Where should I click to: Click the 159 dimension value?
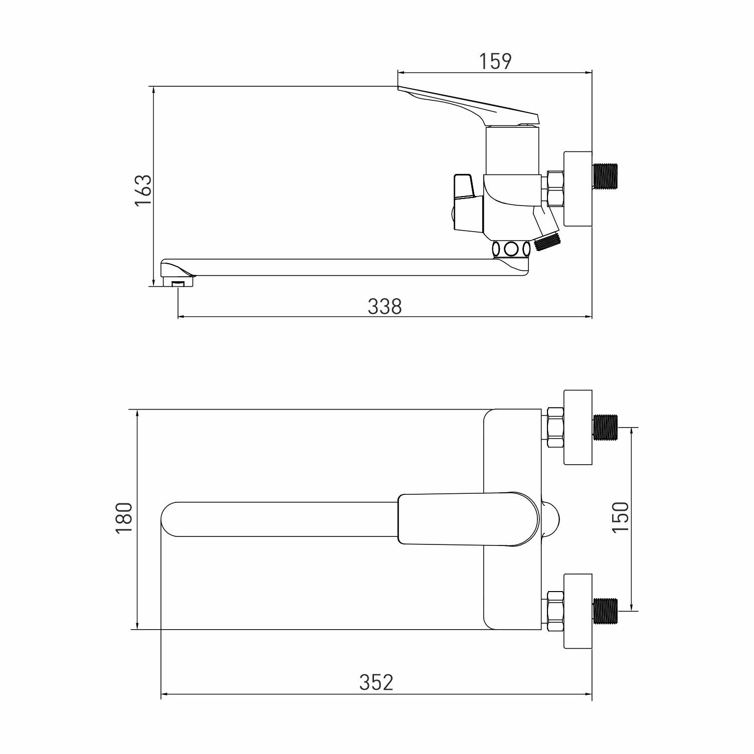(x=495, y=61)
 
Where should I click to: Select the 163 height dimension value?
(x=143, y=190)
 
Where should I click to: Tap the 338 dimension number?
(x=385, y=306)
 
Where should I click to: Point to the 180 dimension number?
(x=124, y=518)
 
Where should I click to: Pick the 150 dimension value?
(x=620, y=517)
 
